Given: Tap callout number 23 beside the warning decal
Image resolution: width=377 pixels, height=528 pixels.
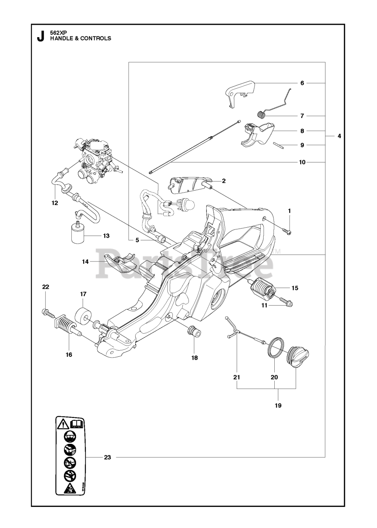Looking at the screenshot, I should tap(108, 457).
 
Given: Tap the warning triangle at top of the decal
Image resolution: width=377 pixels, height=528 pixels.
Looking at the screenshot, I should tap(63, 423).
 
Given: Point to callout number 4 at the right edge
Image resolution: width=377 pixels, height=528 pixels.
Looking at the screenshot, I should tap(339, 136).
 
